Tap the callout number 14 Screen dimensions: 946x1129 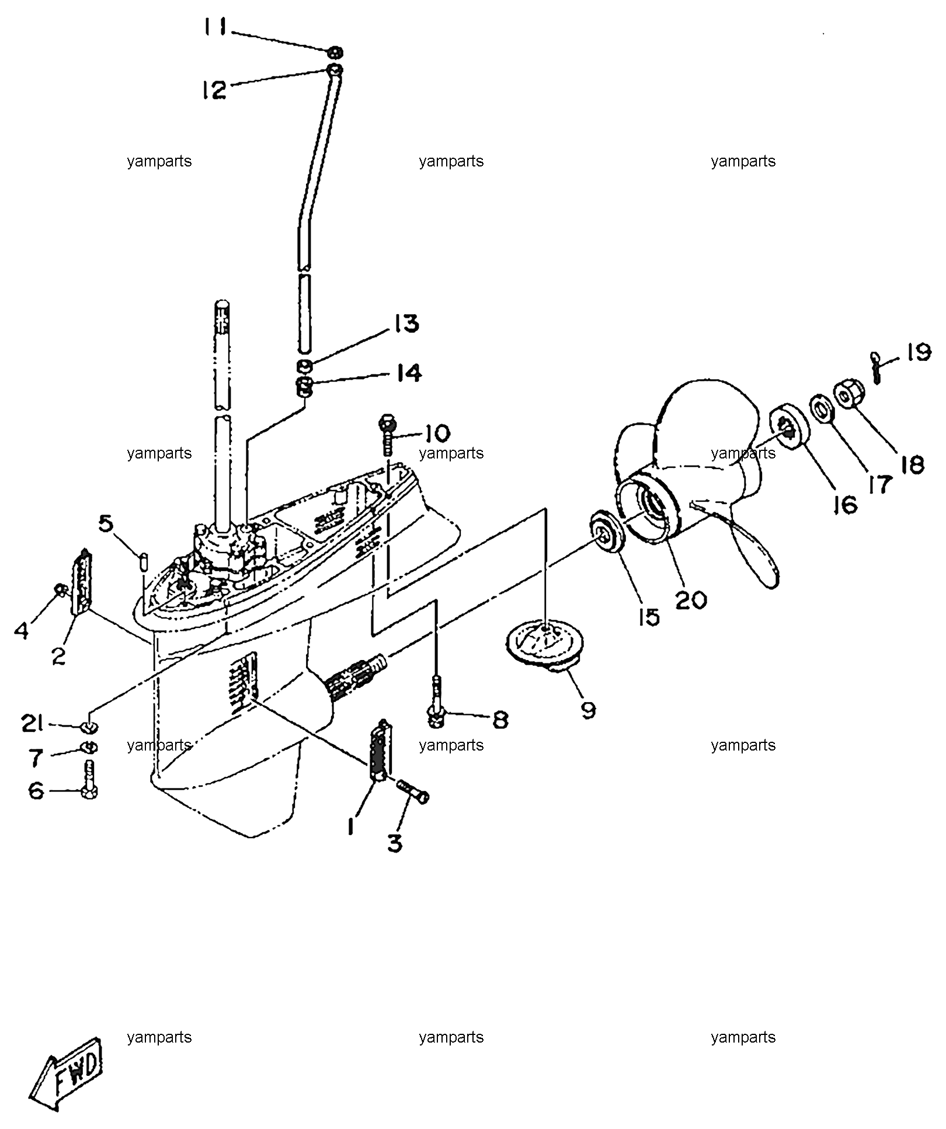tap(408, 373)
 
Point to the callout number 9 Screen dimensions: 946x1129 tap(588, 710)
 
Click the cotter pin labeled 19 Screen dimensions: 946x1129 tap(875, 367)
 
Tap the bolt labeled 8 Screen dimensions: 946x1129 tap(436, 700)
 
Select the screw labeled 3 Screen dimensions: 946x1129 tap(413, 790)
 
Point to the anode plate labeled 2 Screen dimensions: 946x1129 tap(81, 582)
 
